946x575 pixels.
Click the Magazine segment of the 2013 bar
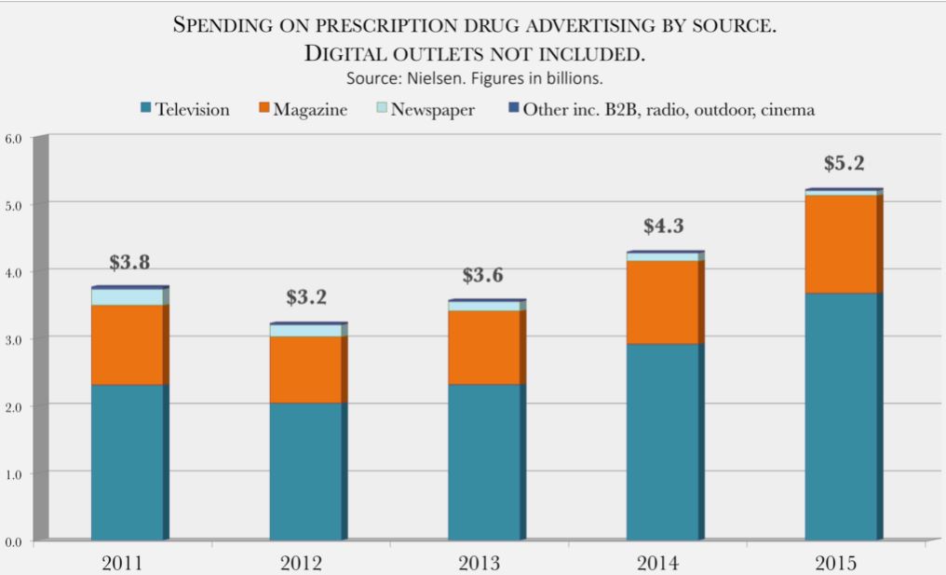483,347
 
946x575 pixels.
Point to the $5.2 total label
844,164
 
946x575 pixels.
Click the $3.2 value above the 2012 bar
306,298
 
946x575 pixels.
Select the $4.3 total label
664,226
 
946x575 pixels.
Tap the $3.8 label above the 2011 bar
129,263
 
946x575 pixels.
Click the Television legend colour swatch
146,110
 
